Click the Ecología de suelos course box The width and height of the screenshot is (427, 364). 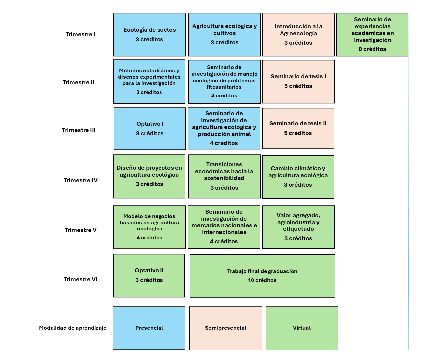pos(150,35)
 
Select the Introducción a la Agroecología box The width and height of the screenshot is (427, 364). pos(298,35)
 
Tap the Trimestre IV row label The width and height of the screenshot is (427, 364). pos(81,180)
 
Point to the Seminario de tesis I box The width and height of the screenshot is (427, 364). pos(298,81)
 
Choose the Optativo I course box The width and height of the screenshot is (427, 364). pos(150,129)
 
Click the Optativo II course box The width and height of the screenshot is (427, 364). pos(149,275)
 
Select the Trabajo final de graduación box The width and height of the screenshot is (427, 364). pos(262,276)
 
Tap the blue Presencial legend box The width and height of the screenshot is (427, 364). pos(149,328)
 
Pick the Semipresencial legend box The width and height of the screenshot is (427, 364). pos(226,328)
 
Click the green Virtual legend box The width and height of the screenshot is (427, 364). pos(302,328)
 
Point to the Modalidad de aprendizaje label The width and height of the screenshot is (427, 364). pos(73,328)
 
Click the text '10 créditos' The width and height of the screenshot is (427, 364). pos(262,280)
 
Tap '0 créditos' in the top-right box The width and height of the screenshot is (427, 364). pos(372,49)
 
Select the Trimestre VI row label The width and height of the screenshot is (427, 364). pos(81,279)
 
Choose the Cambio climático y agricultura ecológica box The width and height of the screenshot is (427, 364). pos(298,177)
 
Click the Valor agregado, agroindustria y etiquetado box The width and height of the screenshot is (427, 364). pos(298,227)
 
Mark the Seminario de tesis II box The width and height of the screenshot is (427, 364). pos(298,128)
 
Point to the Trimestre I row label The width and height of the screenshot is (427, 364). pos(81,34)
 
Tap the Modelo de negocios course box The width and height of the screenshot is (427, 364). pos(150,227)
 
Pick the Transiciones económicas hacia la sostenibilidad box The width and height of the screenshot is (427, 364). pos(224,176)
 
